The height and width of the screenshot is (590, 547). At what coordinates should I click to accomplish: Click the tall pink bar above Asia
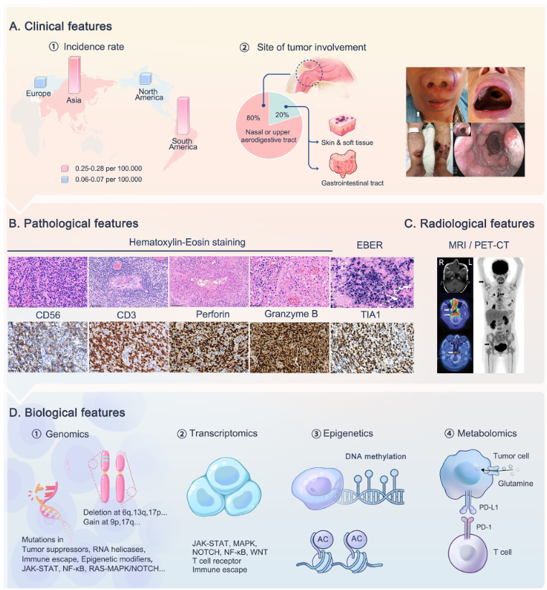tap(74, 75)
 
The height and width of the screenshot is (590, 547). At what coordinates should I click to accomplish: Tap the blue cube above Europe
tap(41, 82)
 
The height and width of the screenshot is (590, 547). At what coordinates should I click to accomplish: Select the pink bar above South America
tap(183, 116)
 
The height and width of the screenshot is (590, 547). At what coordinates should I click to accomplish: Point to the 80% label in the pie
tap(253, 118)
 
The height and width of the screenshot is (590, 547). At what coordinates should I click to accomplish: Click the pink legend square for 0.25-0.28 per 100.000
tap(65, 169)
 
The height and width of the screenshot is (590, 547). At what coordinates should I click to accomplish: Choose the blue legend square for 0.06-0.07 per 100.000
tap(65, 179)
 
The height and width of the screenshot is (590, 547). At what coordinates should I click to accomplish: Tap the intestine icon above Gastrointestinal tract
tap(342, 164)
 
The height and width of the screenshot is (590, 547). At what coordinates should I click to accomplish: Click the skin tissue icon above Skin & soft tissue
tap(342, 125)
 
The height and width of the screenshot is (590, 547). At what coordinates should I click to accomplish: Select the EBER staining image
tap(372, 282)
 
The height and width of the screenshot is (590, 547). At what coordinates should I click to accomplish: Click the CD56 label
tap(48, 315)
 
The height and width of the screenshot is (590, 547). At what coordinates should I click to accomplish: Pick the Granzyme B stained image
tap(289, 347)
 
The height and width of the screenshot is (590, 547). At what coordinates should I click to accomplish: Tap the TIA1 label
tap(370, 314)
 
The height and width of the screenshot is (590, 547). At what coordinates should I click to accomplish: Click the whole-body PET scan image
tap(499, 315)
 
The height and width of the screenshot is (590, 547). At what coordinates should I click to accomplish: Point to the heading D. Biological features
tap(67, 413)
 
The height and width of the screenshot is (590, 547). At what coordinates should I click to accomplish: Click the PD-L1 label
tap(488, 507)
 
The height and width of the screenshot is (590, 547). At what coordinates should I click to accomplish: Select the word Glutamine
tap(515, 484)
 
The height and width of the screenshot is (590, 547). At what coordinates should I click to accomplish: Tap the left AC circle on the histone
tap(323, 539)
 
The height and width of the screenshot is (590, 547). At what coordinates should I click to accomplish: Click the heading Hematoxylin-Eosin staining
tap(187, 242)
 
